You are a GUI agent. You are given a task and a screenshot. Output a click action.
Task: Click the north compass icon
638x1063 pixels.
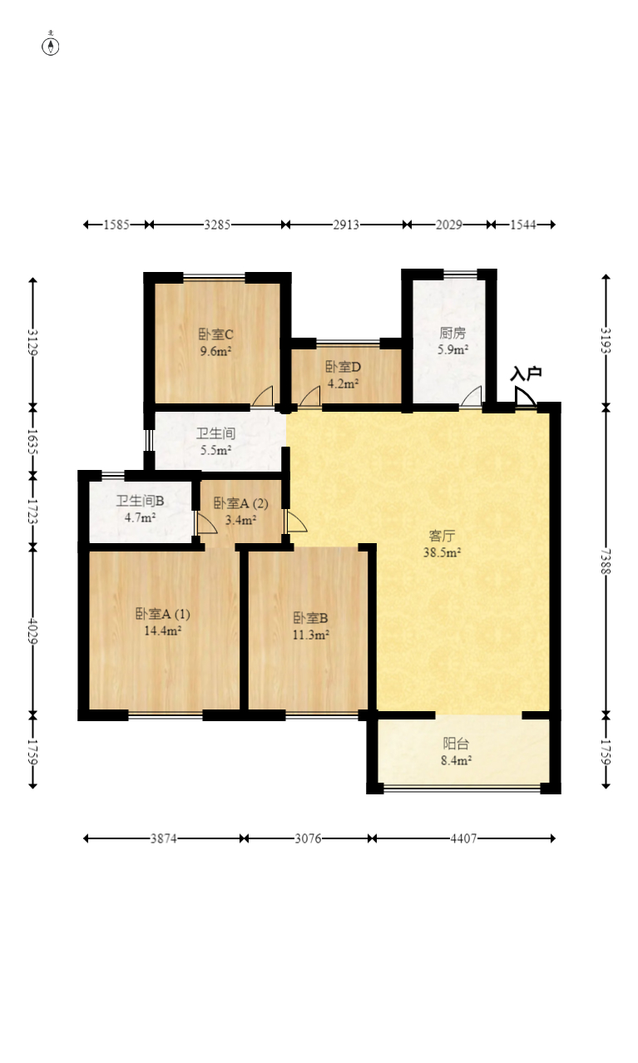tap(51, 46)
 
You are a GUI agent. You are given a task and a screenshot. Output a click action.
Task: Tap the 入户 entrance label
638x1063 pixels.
tap(526, 374)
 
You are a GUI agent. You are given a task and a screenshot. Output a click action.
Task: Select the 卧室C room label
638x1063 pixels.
tap(215, 334)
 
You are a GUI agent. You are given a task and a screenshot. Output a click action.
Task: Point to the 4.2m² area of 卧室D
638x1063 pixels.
tap(343, 383)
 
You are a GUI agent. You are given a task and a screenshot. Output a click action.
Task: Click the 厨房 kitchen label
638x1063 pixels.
tap(453, 334)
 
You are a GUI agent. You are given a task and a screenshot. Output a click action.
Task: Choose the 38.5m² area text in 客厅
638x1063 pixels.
tap(442, 552)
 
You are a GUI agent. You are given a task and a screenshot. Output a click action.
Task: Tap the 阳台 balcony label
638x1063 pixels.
tap(456, 743)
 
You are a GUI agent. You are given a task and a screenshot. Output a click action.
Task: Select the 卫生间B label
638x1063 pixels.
tap(141, 501)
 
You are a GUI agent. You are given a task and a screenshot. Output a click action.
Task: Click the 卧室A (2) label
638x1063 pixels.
tap(240, 503)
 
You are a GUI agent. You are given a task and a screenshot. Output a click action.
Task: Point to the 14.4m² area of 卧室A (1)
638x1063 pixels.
tap(163, 630)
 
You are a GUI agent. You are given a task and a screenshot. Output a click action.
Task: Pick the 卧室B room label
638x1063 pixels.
tap(310, 618)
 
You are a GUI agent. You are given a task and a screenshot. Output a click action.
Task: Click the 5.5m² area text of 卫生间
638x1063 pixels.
tap(215, 450)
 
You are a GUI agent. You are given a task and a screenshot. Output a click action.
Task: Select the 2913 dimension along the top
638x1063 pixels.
tap(345, 225)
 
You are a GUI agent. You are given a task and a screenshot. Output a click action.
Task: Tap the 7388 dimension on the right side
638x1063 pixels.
tap(606, 561)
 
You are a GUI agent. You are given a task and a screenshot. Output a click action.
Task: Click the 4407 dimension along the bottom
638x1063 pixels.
tap(463, 838)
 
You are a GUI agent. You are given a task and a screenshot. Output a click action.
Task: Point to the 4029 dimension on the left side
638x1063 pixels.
tap(32, 630)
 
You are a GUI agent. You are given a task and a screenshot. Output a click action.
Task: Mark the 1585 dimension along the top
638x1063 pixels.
tap(116, 225)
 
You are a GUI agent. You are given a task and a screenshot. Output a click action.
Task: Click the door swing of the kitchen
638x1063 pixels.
tap(472, 397)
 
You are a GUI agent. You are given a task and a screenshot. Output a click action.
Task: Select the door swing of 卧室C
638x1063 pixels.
tap(262, 396)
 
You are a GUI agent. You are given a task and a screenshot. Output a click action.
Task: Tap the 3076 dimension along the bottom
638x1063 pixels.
tap(308, 838)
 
